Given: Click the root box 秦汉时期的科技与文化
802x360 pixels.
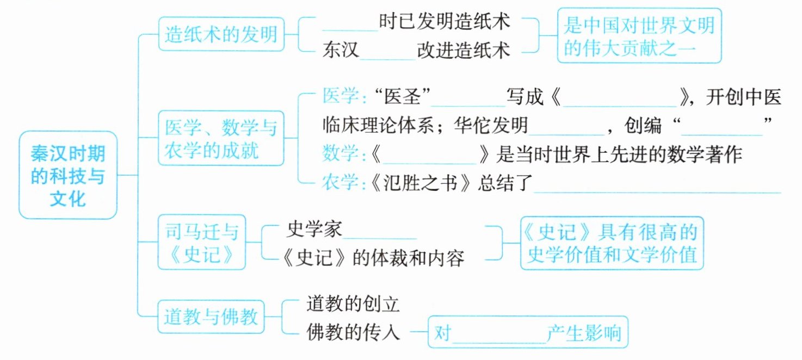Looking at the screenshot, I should (x=68, y=175).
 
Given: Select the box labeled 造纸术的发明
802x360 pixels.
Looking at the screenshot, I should (x=221, y=35).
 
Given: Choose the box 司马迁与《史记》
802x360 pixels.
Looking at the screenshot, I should (x=201, y=242).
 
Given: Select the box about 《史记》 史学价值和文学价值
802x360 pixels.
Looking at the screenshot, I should (x=612, y=243).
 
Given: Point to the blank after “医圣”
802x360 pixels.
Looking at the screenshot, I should (x=468, y=100).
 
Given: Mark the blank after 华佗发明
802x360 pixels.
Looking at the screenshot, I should (x=567, y=128).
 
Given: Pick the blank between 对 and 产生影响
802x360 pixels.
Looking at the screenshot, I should (x=498, y=333).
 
